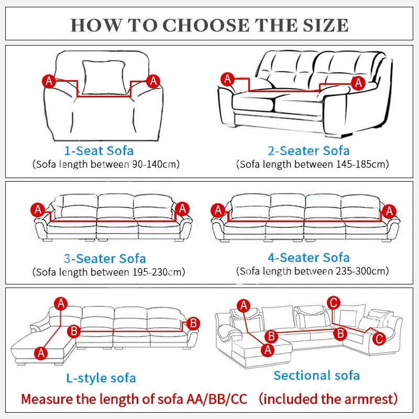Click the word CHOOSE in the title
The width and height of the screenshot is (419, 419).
tap(206, 25)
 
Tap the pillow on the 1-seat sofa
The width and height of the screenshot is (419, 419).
tap(104, 78)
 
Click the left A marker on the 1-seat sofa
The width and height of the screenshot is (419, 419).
tap(49, 81)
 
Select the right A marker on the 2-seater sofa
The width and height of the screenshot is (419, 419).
tap(358, 83)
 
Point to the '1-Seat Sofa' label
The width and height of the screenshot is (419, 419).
tap(99, 151)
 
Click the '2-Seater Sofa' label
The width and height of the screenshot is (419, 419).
tap(308, 151)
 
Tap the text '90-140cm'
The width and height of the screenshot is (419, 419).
tap(154, 164)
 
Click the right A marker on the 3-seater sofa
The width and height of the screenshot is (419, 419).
tap(182, 208)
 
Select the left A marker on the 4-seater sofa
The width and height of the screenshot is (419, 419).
tap(218, 210)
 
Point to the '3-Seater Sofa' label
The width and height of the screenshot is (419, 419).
tap(105, 259)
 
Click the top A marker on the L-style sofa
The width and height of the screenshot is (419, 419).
tap(61, 304)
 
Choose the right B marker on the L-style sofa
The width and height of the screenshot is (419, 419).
tap(193, 323)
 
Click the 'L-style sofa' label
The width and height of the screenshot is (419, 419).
tap(101, 378)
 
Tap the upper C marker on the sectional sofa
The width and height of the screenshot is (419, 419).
tap(334, 303)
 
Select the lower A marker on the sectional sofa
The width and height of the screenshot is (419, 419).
tap(268, 350)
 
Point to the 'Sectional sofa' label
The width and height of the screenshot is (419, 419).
tap(317, 376)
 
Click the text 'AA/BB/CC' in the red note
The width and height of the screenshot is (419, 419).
tap(217, 399)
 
